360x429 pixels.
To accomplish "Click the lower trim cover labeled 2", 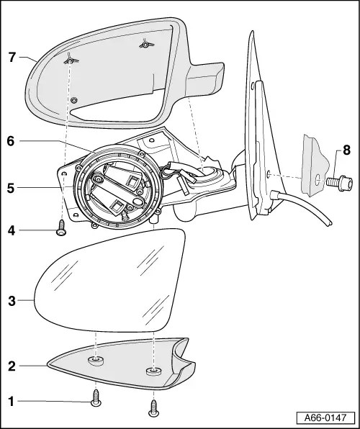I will pos(122,363).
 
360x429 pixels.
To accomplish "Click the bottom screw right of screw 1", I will pos(153,407).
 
